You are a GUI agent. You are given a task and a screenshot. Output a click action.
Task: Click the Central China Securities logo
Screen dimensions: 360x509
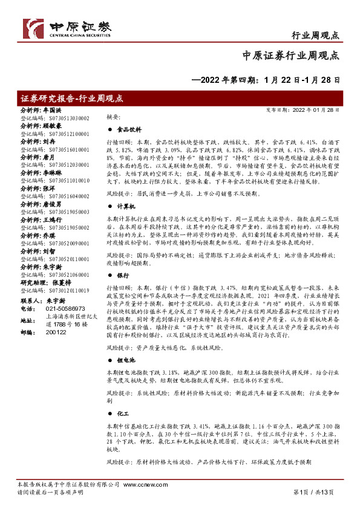(x=67, y=27)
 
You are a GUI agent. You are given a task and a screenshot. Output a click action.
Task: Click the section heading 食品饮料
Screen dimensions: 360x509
(x=129, y=129)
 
